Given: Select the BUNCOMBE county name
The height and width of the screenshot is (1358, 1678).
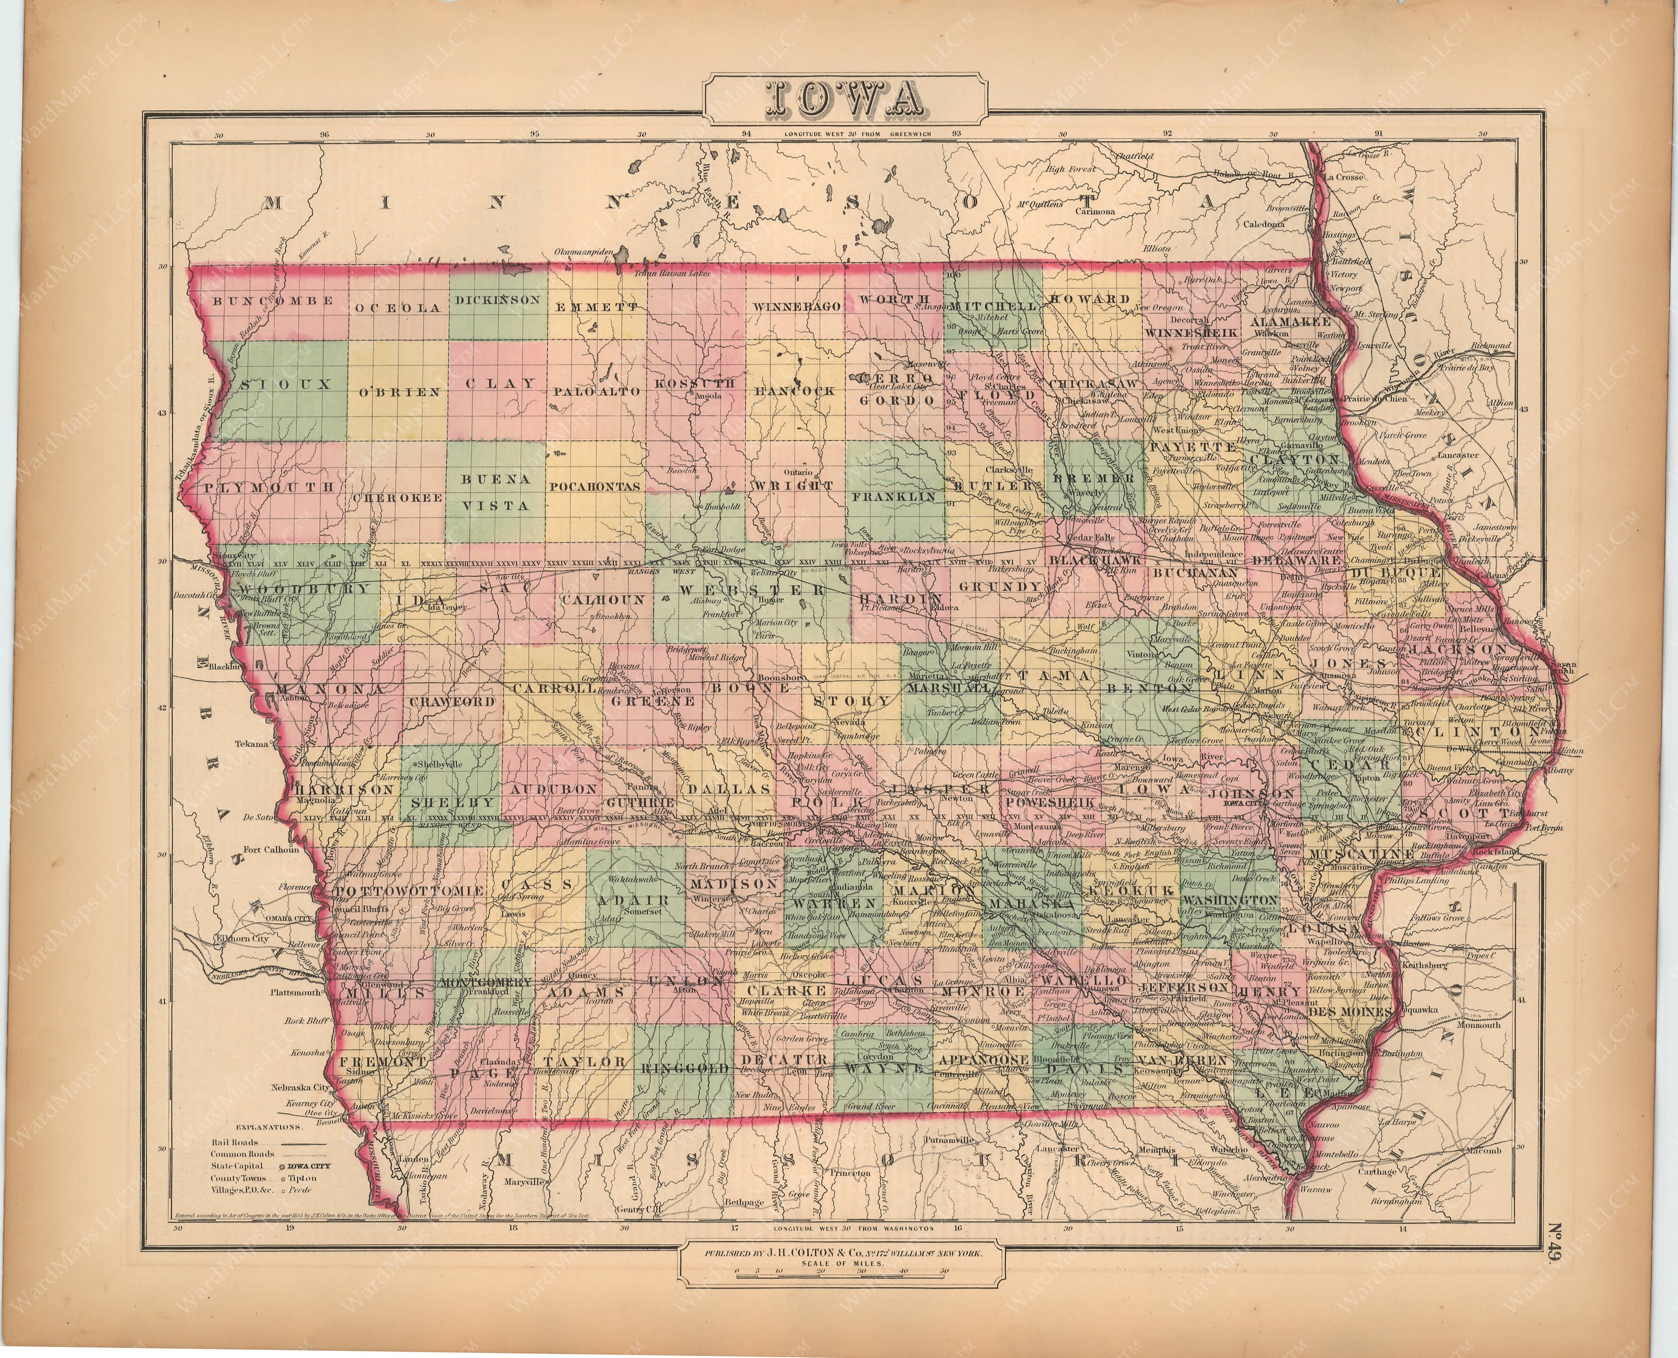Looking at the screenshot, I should pos(274,300).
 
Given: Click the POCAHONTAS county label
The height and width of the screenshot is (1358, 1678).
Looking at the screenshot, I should pos(596,486).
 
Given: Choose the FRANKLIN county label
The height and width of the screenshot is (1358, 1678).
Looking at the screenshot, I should pos(894,497).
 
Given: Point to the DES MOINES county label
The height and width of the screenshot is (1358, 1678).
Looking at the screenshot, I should pos(1361,1011).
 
